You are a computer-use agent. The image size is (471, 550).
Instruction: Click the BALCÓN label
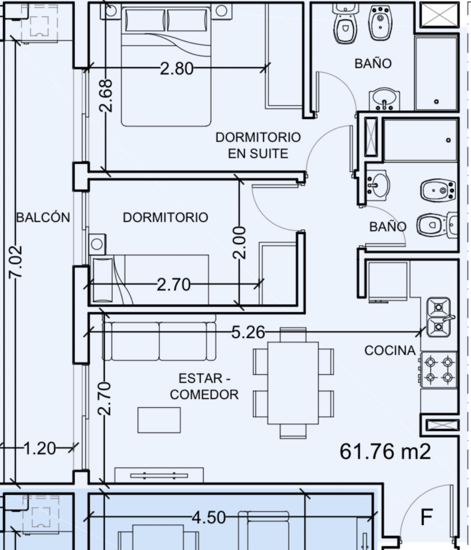pos(43,217)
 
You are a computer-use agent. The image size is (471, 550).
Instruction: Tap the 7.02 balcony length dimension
pos(16,262)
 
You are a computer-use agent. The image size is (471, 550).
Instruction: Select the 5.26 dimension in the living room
pos(248,332)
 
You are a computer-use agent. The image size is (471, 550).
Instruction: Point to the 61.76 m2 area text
pos(385,451)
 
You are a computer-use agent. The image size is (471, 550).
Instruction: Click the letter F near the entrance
pos(427,516)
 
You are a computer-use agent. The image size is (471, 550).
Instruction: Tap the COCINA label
pos(390,350)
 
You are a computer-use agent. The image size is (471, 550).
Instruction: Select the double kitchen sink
pos(439,317)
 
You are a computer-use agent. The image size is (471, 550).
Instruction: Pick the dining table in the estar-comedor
pos(293,383)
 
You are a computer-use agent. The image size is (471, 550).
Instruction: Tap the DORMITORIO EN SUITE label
pos(258,145)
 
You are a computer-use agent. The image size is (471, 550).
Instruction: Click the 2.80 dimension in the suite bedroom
pos(177,69)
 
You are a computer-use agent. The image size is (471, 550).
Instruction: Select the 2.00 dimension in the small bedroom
pos(239,243)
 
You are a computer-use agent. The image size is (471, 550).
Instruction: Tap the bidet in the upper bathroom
pos(381,23)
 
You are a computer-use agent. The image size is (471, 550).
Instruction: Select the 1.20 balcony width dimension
pos(40,448)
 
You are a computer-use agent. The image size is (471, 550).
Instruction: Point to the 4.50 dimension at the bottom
pos(209,517)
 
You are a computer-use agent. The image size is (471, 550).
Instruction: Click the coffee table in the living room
pos(159,420)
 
